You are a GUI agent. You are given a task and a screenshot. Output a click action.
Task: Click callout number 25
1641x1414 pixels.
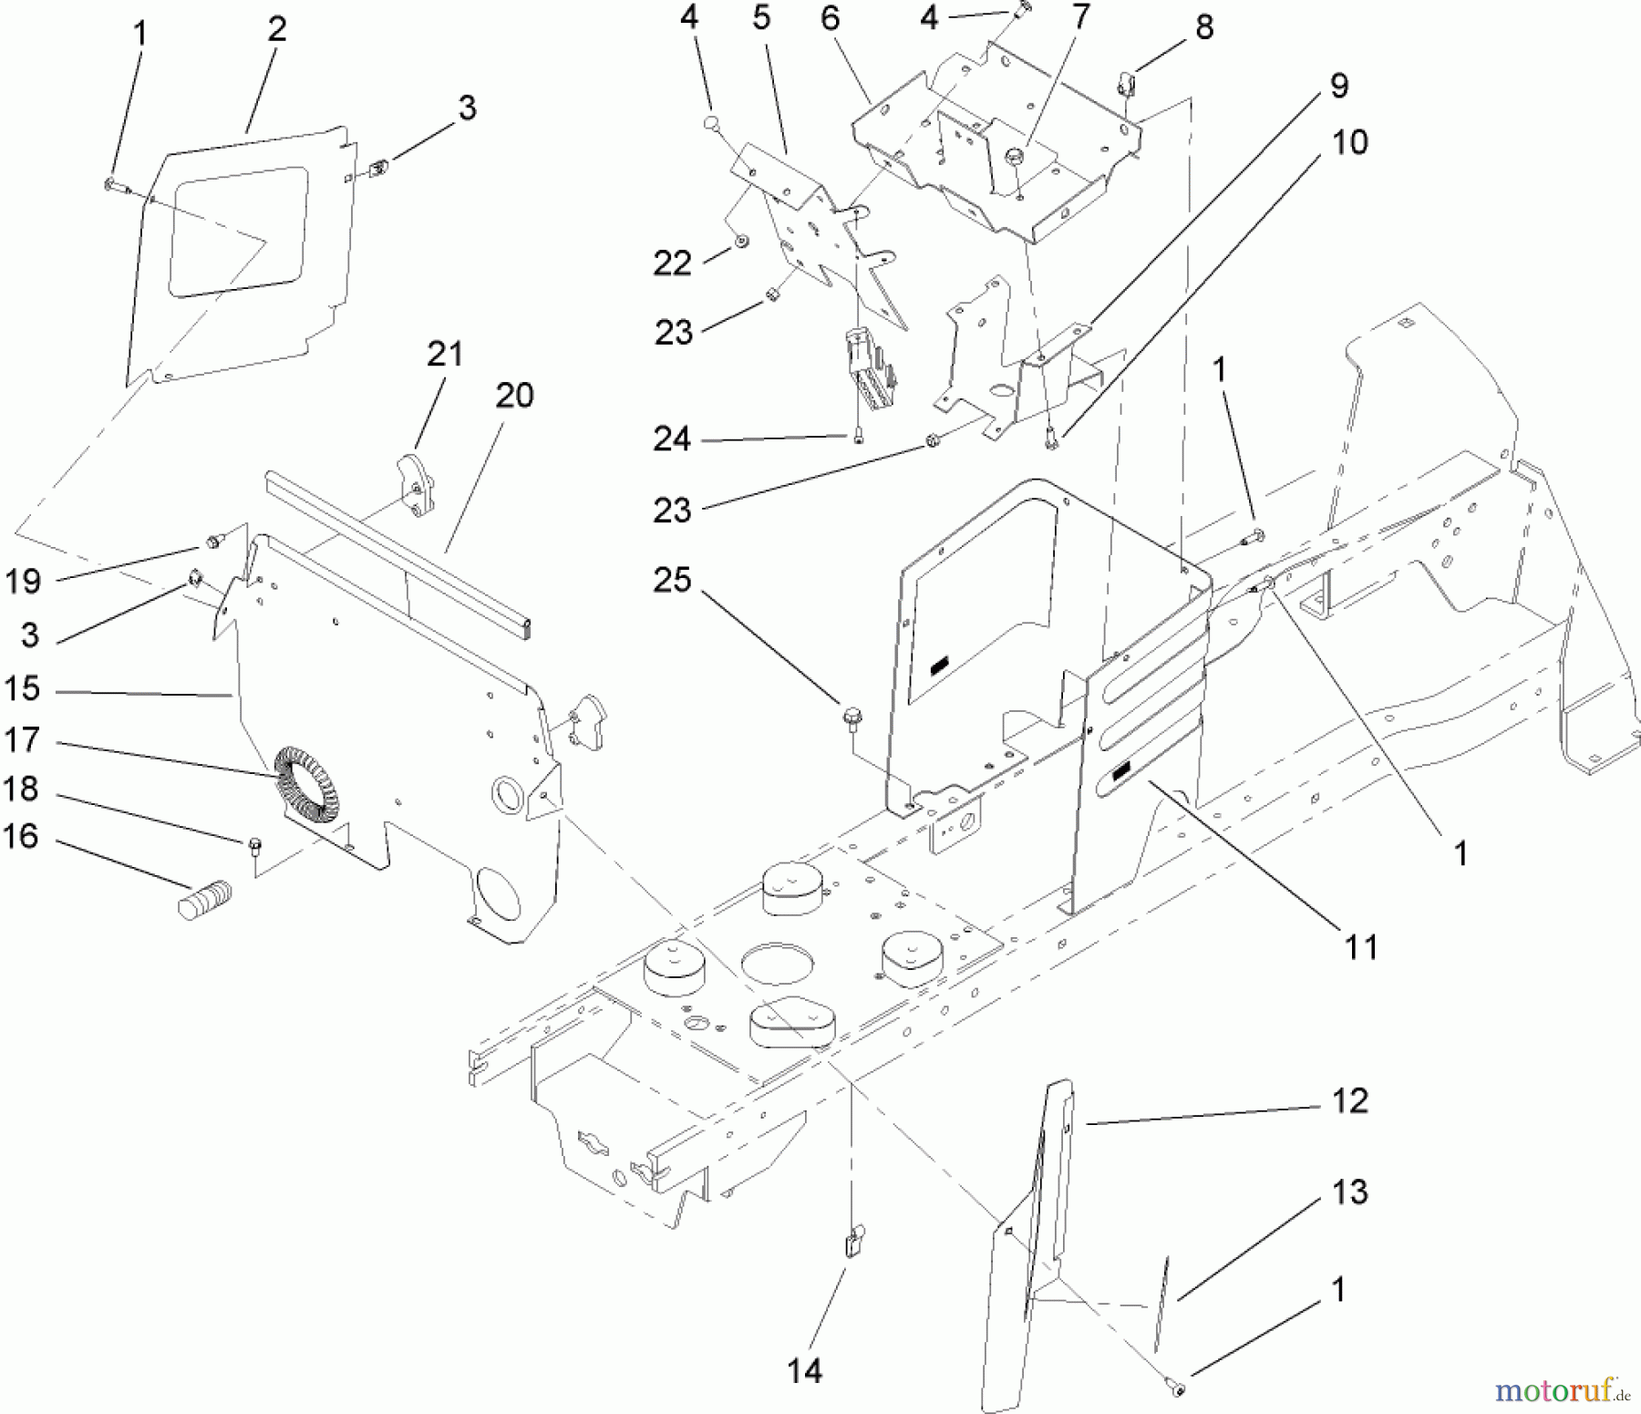tap(672, 580)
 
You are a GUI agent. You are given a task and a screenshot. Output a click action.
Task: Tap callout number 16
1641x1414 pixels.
tap(21, 835)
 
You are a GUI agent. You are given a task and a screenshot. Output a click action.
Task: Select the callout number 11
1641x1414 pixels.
tap(1361, 947)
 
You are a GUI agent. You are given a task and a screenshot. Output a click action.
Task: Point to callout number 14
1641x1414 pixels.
tap(805, 1370)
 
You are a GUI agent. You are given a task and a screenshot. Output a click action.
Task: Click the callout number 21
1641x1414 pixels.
tap(445, 354)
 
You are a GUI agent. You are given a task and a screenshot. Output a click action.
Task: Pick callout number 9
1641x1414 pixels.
tap(1339, 86)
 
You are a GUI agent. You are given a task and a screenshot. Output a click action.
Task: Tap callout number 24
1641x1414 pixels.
tap(672, 439)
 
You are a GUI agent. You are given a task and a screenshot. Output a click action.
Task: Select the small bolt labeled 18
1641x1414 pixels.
tap(254, 843)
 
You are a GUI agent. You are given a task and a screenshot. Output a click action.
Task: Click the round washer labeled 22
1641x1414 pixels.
tap(741, 242)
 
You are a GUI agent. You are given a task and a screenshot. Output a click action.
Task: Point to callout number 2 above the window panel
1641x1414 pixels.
tap(277, 29)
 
